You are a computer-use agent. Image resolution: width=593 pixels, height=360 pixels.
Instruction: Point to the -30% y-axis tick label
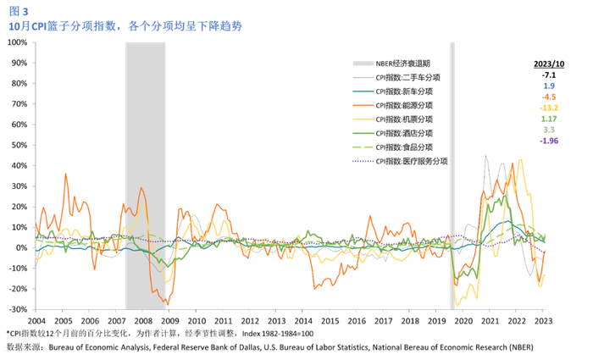(x=19, y=309)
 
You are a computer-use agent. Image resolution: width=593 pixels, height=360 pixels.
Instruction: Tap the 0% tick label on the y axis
(x=22, y=247)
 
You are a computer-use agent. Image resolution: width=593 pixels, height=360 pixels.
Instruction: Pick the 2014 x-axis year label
(x=302, y=321)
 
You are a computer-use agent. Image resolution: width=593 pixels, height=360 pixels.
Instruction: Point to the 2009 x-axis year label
(x=170, y=321)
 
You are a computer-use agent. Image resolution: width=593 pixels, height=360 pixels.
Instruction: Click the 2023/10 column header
(x=549, y=64)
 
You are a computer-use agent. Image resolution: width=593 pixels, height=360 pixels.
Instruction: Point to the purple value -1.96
(x=549, y=141)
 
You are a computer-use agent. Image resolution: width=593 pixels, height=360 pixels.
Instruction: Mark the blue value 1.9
(x=549, y=86)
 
